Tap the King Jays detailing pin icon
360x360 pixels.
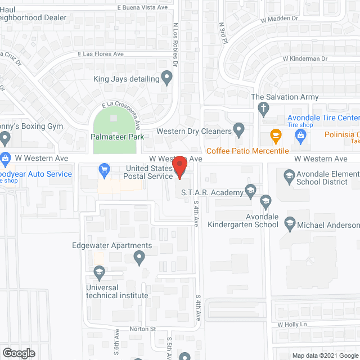166,78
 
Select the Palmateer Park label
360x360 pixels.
118,137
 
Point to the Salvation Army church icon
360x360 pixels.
263,108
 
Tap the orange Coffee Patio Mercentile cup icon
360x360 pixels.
276,135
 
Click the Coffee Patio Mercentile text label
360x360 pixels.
247,151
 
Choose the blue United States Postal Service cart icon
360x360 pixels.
103,168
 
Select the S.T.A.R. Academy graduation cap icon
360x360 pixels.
251,192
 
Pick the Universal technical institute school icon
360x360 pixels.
100,274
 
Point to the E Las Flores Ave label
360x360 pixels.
101,54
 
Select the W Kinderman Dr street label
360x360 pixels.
305,58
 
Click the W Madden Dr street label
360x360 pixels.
280,19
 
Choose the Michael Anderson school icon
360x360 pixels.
290,223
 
